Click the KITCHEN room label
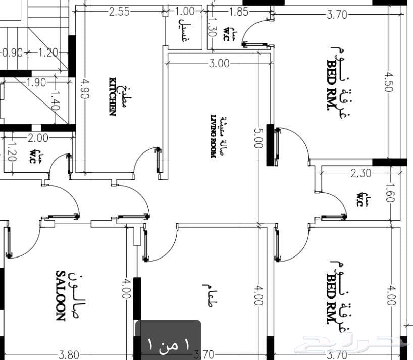point(113,96)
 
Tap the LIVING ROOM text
point(214,136)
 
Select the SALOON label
point(61,295)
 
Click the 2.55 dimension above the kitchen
point(119,12)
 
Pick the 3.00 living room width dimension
point(219,64)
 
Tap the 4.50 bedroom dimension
point(389,82)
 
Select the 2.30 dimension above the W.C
point(361,173)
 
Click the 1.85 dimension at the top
point(238,12)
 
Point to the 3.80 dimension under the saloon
point(69,355)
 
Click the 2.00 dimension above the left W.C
point(38,138)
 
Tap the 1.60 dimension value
point(390,193)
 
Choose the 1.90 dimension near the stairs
point(36,82)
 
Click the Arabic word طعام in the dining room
point(208,295)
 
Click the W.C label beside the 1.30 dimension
point(229,34)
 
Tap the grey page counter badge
point(168,339)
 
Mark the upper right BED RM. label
point(332,85)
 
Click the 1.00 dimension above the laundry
point(185,11)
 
